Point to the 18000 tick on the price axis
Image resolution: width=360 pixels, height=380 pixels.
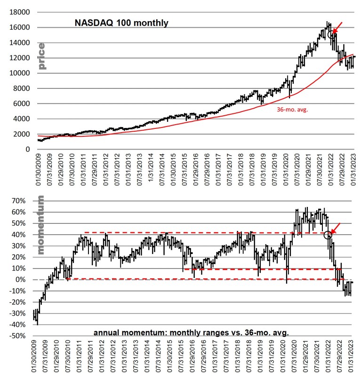[19, 12]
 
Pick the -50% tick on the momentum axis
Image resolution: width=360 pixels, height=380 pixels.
[20, 336]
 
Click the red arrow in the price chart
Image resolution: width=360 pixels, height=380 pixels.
[337, 27]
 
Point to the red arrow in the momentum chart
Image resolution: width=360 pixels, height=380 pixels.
[336, 228]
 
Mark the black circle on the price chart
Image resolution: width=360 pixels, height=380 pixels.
[331, 32]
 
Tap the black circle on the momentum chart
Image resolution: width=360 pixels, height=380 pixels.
[328, 235]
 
